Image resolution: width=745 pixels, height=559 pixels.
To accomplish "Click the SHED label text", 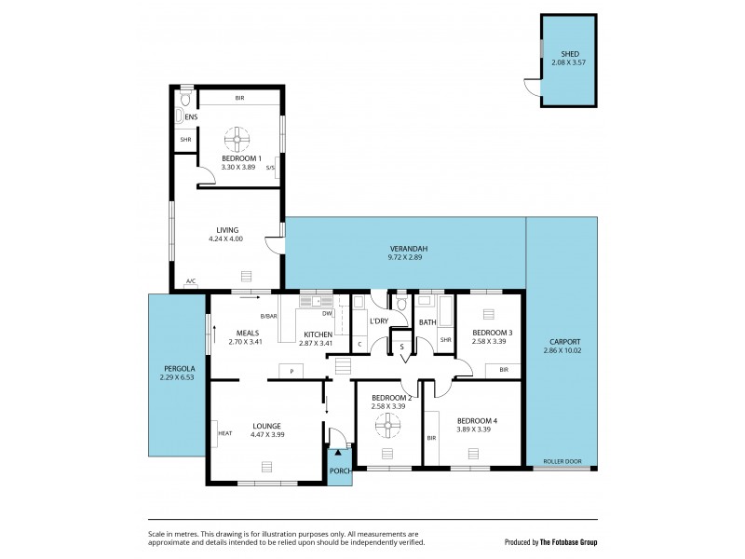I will coord(568,54).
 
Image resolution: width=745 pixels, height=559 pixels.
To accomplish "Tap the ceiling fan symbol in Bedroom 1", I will coord(237,141).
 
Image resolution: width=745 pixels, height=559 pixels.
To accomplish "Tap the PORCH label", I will coord(340,471).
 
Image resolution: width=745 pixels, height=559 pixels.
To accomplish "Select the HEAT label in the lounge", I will coord(224,433).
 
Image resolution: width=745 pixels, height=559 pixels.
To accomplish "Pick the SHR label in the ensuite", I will coord(185,140).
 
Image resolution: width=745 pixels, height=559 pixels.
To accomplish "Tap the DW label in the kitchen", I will coord(328,314).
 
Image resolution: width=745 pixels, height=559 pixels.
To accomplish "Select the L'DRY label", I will coord(378,321).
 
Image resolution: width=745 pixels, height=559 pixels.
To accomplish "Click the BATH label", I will coord(427,322).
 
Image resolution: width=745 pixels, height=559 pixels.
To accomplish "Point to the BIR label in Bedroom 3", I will coord(503,370).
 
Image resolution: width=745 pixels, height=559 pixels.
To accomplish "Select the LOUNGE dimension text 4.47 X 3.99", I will coord(266,435).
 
